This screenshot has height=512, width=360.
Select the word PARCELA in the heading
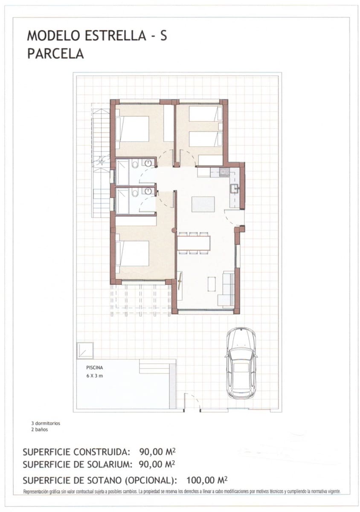[x=55, y=54]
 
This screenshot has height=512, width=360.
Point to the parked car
[x=241, y=363]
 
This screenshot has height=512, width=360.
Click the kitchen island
[x=203, y=204]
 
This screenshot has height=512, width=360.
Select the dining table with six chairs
[x=194, y=243]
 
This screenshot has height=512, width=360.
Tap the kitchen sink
[x=234, y=188]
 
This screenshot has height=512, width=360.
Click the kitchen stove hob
[x=224, y=172]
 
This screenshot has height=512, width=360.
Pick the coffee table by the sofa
[x=212, y=284]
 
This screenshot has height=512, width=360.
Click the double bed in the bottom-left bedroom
[x=133, y=253]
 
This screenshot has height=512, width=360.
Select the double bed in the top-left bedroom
[x=133, y=128]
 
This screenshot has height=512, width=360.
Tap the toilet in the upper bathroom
[x=134, y=164]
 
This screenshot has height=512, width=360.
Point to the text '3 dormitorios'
[x=48, y=424]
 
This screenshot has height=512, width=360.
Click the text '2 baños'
[x=42, y=430]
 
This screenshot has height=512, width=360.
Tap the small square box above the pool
[x=85, y=350]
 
